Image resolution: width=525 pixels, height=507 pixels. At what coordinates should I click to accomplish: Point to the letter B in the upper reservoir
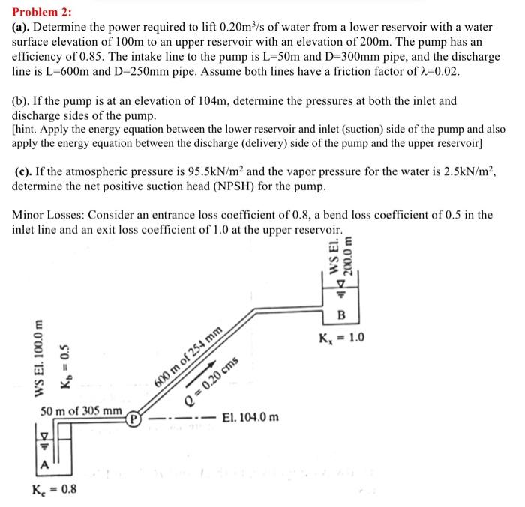click(342, 314)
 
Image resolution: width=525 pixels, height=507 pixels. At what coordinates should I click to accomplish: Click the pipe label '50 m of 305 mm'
click(81, 410)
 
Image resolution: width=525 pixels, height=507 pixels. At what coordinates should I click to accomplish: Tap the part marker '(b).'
click(23, 100)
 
